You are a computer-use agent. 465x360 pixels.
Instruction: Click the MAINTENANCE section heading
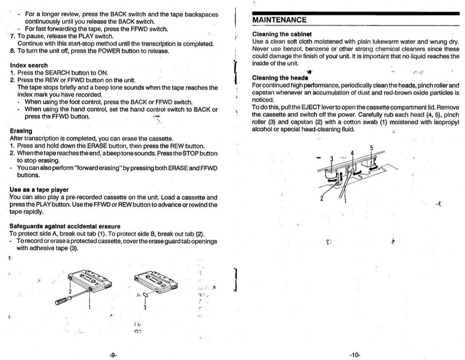point(279,20)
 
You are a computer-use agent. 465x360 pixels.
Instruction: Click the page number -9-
point(113,355)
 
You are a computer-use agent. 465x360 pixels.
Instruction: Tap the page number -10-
point(355,355)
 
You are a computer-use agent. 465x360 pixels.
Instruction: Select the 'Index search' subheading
point(29,65)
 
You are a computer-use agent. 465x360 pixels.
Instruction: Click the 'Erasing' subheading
point(21,131)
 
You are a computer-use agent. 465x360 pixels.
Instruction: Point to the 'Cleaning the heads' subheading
point(280,78)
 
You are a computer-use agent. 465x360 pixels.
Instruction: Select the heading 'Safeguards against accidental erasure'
point(65,226)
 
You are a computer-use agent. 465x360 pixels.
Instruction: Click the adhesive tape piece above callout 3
point(145,295)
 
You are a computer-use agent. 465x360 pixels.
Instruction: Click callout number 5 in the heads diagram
point(372,148)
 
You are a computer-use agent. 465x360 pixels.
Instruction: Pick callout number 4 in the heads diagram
point(352,153)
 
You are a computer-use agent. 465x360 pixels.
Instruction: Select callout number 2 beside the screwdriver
point(70,292)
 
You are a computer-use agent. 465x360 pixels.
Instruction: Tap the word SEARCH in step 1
point(57,73)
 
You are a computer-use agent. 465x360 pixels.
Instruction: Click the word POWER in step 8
point(109,51)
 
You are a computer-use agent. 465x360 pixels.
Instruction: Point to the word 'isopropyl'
point(446,122)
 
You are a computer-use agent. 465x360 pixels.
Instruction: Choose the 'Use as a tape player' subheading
point(39,190)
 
